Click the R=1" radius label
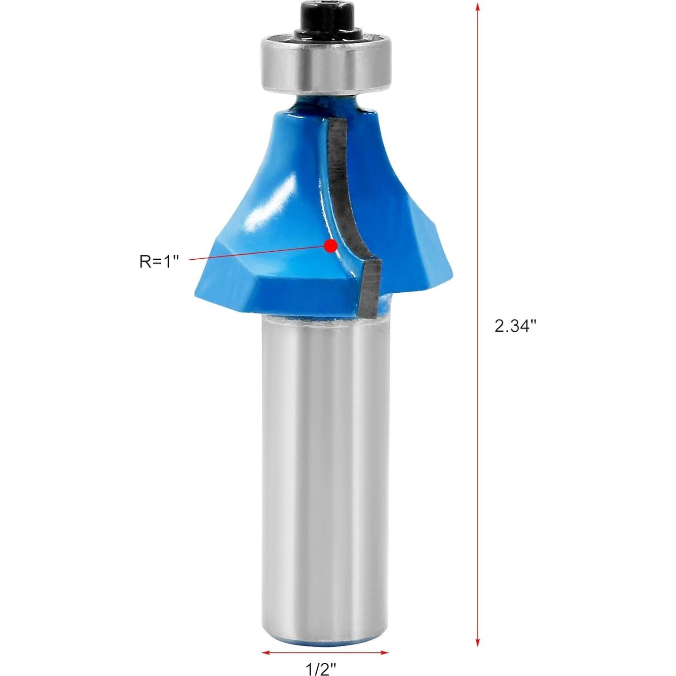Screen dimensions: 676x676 pos(160,262)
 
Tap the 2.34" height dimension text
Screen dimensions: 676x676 pos(516,326)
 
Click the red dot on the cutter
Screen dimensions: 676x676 pos(331,246)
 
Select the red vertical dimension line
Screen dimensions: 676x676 pos(478,189)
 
